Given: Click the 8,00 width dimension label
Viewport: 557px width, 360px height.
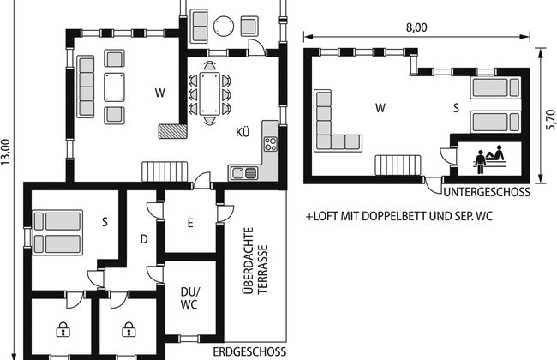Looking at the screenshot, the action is pos(416,27).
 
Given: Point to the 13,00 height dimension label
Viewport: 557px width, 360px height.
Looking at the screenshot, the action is pos(6,152).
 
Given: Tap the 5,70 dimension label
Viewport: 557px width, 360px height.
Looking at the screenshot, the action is pos(550,119).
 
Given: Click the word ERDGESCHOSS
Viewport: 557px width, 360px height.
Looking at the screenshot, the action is pos(249,351).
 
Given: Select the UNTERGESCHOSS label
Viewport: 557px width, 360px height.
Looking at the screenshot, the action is pos(487,192).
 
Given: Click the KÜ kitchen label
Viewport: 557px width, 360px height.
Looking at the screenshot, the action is pos(243,132).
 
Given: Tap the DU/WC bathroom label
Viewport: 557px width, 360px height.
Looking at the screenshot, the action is pos(190,298).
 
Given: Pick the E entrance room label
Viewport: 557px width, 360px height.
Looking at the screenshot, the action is pos(190,223).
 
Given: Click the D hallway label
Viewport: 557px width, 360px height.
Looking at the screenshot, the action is pos(144,239).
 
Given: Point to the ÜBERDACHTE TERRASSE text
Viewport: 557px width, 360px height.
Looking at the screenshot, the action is pos(255,261).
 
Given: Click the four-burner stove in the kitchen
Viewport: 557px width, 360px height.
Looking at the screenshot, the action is pos(271,144).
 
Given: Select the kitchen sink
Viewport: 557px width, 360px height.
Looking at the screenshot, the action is pos(244,173).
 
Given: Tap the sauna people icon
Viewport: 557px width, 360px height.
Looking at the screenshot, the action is pos(490,159).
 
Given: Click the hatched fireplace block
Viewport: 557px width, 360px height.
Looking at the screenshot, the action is pos(172,131).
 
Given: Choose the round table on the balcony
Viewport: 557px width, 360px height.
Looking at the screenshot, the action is pos(224,26).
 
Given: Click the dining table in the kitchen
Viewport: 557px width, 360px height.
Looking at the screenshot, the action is pos(210,93).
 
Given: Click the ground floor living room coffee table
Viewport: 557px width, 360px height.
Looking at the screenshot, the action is pos(114,87).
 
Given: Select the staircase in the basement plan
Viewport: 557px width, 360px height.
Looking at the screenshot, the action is pos(398,165).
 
